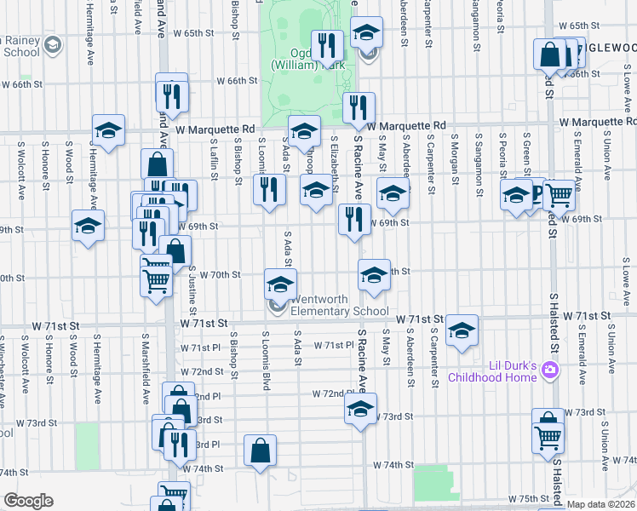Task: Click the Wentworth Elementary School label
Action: [340, 305]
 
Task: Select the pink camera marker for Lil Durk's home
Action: [550, 370]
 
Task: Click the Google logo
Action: [28, 501]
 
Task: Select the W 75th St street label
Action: [525, 498]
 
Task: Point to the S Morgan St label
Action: [455, 155]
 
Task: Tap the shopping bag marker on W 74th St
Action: [261, 451]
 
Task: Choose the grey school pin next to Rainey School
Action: [51, 44]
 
